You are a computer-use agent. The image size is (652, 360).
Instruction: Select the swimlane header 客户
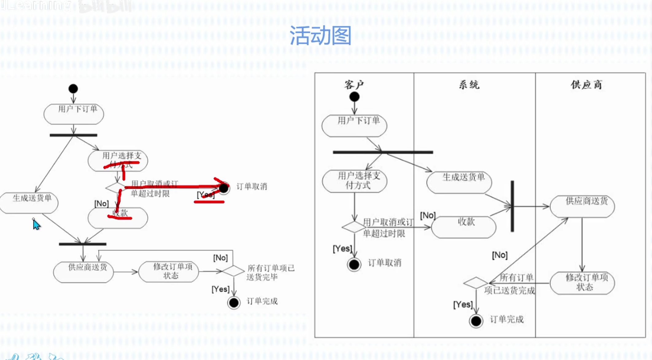[354, 85]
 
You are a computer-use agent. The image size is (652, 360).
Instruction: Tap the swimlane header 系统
[469, 85]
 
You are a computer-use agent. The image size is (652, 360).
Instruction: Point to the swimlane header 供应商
[586, 85]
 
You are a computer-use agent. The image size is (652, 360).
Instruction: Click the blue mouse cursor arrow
[36, 225]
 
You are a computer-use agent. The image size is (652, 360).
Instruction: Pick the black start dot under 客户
[354, 97]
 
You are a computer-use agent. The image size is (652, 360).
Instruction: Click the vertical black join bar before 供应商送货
[512, 206]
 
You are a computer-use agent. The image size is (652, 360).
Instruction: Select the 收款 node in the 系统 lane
[464, 227]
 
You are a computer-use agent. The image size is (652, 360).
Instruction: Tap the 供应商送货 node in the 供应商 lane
[582, 206]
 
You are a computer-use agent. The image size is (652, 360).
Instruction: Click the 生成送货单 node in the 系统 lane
[459, 182]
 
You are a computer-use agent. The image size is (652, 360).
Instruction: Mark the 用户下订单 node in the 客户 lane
[354, 126]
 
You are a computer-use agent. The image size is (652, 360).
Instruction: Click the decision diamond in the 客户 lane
[354, 227]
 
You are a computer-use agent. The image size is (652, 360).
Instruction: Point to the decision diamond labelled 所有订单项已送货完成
[476, 283]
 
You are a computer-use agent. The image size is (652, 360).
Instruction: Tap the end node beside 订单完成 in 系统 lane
[476, 321]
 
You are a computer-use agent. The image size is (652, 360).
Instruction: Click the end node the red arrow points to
[224, 188]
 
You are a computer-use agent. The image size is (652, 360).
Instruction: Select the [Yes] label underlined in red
[206, 195]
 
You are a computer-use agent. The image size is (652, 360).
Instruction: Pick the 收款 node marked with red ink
[118, 218]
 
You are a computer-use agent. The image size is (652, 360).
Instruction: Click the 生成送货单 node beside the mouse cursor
[29, 203]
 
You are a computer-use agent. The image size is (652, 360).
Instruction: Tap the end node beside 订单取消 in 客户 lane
[354, 264]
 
